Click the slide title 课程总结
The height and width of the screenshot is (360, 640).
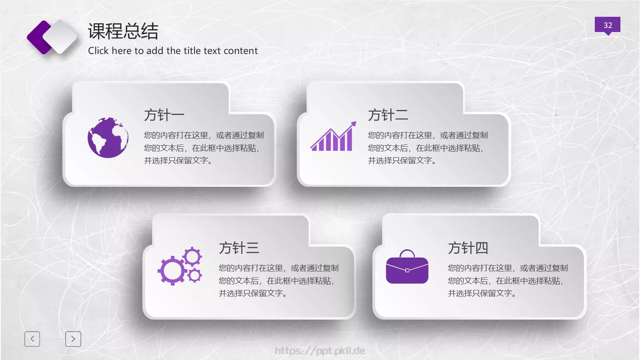coord(123,31)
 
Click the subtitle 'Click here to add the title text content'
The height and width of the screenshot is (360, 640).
coord(173,51)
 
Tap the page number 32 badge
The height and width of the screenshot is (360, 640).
coord(607,25)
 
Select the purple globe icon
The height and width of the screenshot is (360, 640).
coord(108,138)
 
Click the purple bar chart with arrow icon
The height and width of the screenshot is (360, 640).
coord(332,138)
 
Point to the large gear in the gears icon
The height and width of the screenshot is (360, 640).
coord(172,271)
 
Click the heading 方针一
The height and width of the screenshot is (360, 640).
coord(164,115)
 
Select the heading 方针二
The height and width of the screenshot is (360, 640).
coord(388,115)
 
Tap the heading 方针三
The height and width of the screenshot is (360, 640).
coord(239,248)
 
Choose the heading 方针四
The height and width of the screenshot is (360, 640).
coord(468,248)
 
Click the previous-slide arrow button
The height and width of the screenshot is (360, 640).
coord(32,339)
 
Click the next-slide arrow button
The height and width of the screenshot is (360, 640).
coord(73,339)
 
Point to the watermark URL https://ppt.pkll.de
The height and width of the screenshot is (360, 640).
coord(320,351)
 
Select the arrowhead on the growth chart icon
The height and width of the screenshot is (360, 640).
coord(353,124)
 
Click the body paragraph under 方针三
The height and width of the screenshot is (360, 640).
coord(278,280)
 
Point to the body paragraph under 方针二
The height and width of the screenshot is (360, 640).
coord(428,148)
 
